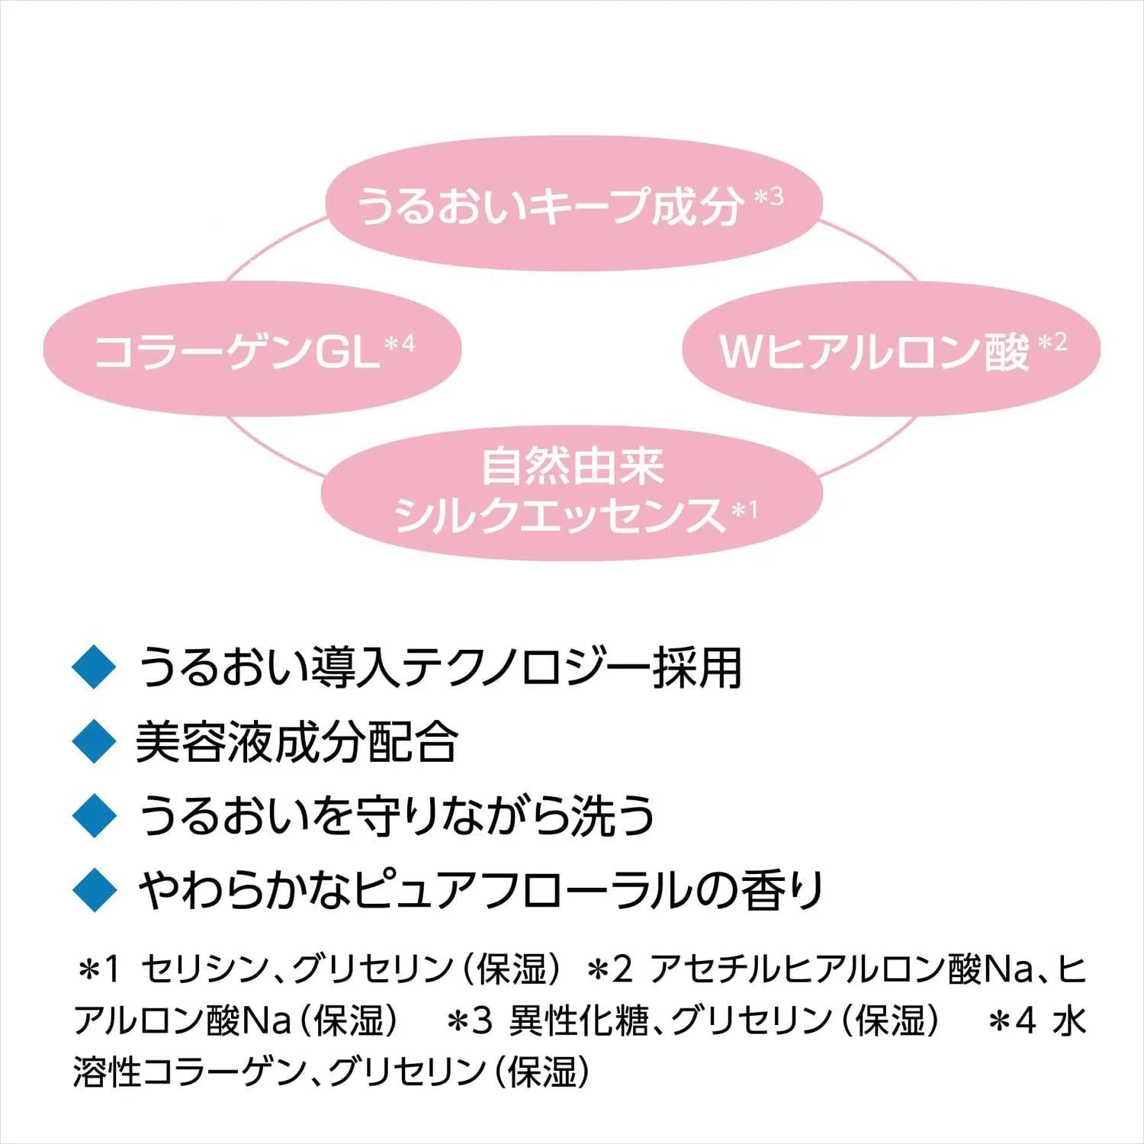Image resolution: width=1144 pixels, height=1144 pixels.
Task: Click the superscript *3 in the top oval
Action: tap(768, 197)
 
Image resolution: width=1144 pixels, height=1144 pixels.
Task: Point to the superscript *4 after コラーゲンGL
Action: tap(400, 344)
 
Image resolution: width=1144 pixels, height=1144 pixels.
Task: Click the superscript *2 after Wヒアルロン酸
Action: tap(1052, 342)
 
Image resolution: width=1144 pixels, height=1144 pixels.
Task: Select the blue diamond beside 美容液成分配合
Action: tap(93, 741)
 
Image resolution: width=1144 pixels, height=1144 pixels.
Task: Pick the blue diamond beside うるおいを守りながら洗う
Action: tap(93, 815)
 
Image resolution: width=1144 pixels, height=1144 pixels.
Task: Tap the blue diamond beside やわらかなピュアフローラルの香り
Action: tap(93, 889)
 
